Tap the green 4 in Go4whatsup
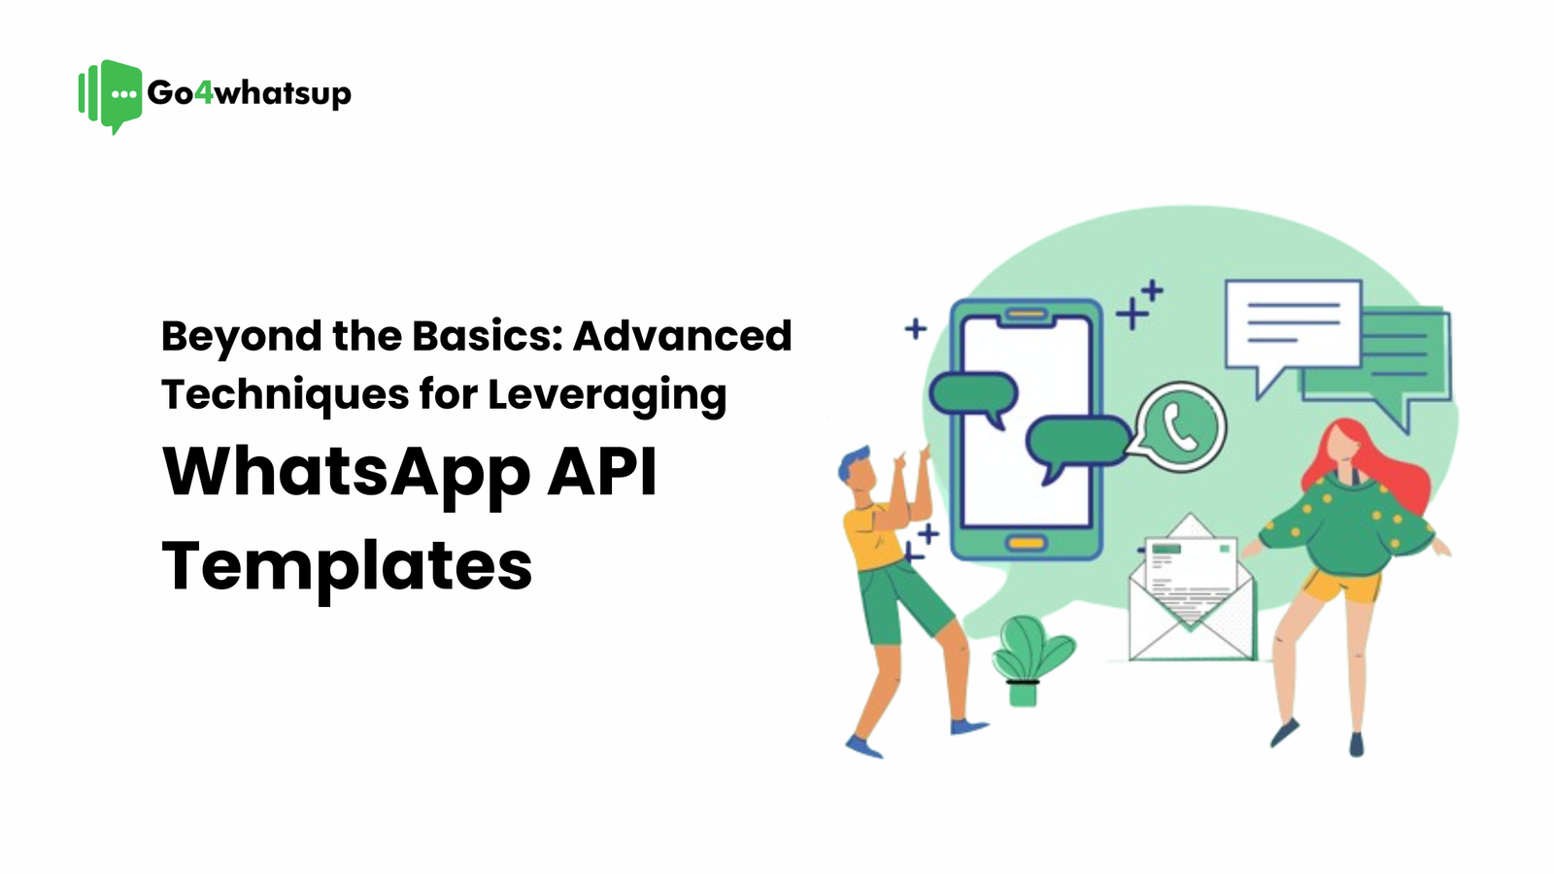203,93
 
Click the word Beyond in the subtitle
241,337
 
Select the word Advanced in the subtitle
682,336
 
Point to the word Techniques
285,395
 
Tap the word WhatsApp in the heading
347,473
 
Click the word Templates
347,566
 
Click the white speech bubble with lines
1293,326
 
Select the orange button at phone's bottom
1026,543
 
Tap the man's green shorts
903,602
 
